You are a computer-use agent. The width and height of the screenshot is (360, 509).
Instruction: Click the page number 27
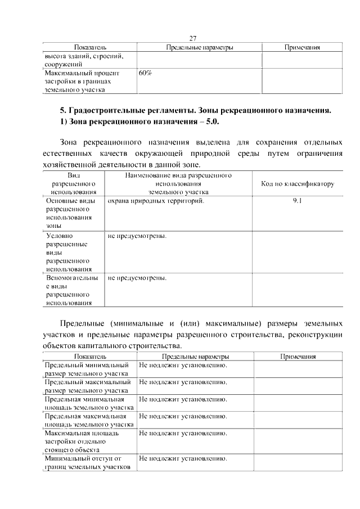tap(192, 38)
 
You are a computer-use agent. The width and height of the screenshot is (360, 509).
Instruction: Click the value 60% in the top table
tap(145, 73)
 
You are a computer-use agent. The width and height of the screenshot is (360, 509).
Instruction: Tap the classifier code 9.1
tap(298, 200)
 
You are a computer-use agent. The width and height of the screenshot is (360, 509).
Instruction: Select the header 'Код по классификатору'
tap(298, 184)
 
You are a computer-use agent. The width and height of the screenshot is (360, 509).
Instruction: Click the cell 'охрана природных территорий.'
tap(156, 200)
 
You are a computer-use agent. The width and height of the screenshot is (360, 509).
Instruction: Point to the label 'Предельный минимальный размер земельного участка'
tap(87, 369)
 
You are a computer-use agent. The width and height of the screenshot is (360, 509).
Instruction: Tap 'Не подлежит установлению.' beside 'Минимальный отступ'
tap(183, 458)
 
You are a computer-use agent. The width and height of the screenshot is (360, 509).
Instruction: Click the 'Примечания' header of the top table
tap(302, 48)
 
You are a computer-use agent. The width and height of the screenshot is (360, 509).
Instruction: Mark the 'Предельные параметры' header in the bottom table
tap(195, 357)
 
